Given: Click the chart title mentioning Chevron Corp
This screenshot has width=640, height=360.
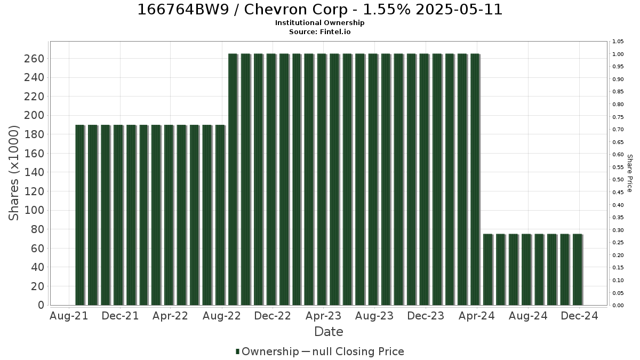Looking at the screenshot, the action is [319, 10].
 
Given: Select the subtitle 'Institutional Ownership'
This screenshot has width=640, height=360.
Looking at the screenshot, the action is [319, 23].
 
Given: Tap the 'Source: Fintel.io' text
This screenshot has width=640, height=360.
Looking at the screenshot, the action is [319, 31].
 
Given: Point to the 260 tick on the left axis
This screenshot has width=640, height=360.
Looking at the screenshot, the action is [34, 59].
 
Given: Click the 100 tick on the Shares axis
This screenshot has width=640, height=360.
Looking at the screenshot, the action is [34, 210].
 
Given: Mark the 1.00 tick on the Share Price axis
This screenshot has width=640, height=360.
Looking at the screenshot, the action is [618, 54].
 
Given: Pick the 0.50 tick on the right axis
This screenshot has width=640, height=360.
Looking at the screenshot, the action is [618, 180].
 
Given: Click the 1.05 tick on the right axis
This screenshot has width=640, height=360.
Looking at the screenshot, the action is [618, 42].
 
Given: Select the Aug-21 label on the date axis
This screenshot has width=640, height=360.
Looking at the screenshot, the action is [69, 316].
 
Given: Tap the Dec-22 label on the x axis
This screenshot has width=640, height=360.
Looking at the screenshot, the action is [273, 316].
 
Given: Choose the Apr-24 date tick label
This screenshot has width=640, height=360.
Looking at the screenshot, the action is [477, 316].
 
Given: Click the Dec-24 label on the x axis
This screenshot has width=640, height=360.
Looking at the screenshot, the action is [579, 316].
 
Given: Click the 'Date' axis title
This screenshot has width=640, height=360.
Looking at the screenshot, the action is [329, 332].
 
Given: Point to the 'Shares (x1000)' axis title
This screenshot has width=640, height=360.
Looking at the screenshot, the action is [13, 173].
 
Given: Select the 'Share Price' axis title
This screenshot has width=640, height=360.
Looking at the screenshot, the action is [629, 173].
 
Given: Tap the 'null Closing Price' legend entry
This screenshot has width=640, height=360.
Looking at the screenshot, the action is [353, 351].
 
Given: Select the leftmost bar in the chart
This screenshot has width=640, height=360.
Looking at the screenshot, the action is [80, 215].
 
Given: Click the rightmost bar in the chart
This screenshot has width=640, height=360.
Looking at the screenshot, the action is [578, 270].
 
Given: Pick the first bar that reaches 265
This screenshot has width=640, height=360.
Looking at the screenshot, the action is [233, 179].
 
